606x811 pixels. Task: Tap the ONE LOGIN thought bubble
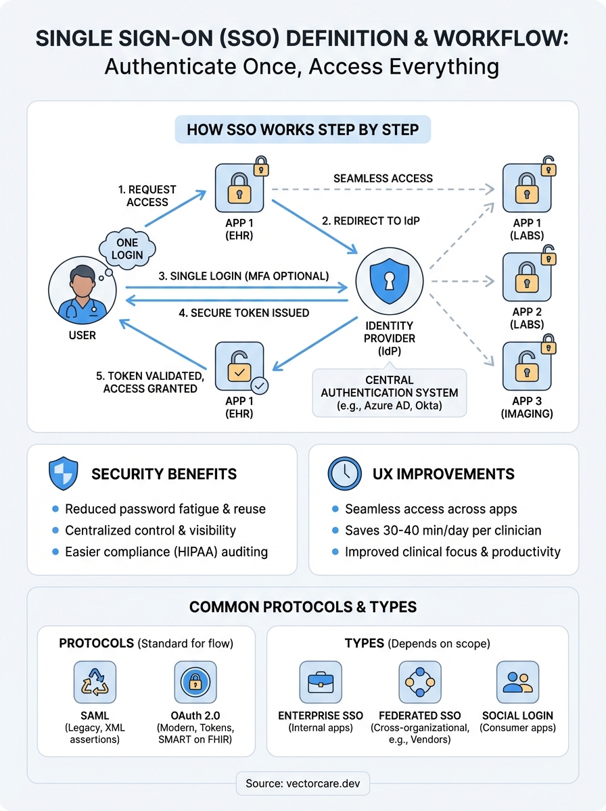127,248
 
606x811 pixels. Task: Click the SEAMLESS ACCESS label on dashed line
383,178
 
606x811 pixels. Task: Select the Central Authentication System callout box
389,393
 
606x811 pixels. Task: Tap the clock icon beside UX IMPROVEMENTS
345,474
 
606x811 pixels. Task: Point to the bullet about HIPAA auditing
166,551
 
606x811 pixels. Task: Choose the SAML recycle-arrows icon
95,683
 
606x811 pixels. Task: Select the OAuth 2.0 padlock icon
195,683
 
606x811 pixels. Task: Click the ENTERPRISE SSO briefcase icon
321,683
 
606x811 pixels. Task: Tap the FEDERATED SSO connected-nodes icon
420,683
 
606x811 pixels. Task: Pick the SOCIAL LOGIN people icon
517,683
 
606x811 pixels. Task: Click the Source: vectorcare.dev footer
302,784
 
